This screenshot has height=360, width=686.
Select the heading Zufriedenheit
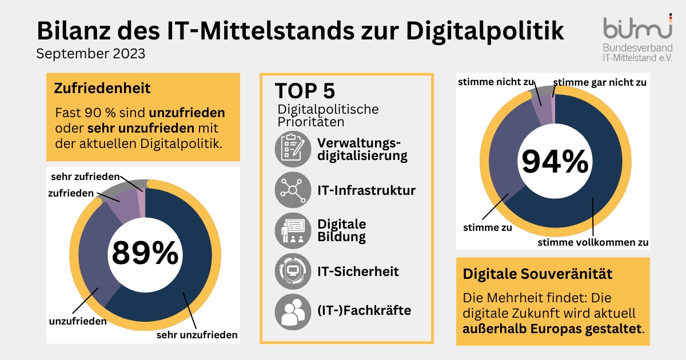[102, 89]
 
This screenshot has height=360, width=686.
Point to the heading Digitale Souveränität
[537, 274]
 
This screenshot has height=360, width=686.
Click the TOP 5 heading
[305, 91]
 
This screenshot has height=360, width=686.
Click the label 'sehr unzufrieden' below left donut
[197, 335]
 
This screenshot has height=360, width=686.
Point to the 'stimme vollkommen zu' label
[593, 242]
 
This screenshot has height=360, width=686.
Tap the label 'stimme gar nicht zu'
[600, 82]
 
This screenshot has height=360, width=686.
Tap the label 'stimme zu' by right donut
[487, 227]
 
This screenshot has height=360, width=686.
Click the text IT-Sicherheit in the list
[358, 271]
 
